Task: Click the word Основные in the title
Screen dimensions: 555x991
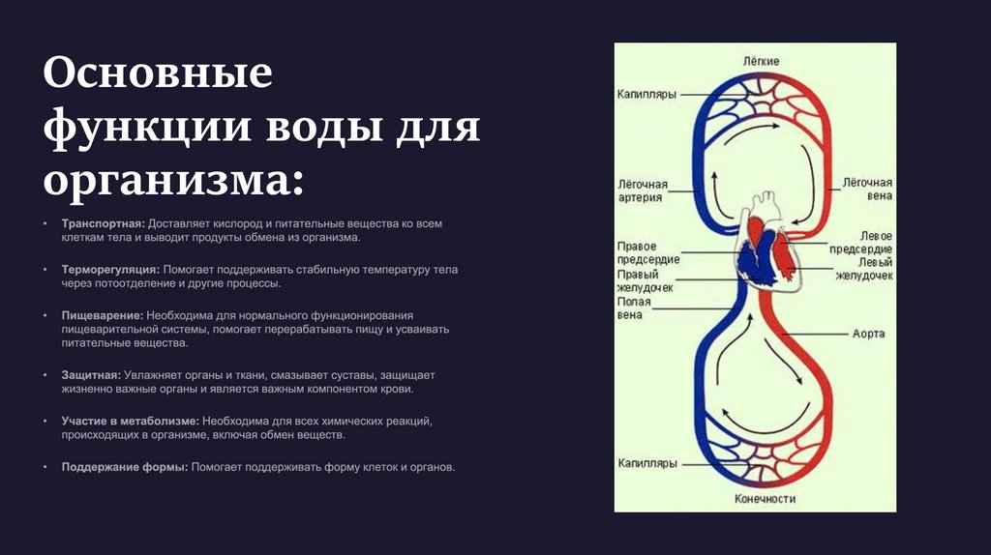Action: point(157,74)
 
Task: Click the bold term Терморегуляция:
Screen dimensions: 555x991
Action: point(110,270)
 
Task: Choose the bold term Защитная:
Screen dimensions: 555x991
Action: point(91,374)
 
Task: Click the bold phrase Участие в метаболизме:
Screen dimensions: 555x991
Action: point(131,422)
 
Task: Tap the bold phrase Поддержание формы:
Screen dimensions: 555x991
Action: point(124,467)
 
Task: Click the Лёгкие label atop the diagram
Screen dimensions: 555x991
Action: point(761,61)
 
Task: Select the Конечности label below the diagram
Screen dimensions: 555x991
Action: point(765,499)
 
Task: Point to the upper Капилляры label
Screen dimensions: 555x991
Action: point(647,95)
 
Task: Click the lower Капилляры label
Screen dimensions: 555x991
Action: point(647,464)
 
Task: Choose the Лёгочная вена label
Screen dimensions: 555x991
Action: point(866,189)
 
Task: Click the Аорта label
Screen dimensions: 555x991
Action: point(868,334)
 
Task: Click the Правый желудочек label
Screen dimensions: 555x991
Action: point(646,280)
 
